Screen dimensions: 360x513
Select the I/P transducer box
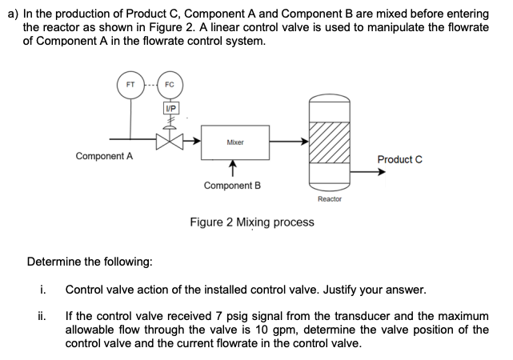[x=170, y=108]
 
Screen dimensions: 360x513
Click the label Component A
[x=104, y=156]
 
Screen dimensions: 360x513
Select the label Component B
[x=232, y=185]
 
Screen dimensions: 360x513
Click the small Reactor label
[x=329, y=198]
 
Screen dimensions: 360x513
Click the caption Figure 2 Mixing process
[x=251, y=222]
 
